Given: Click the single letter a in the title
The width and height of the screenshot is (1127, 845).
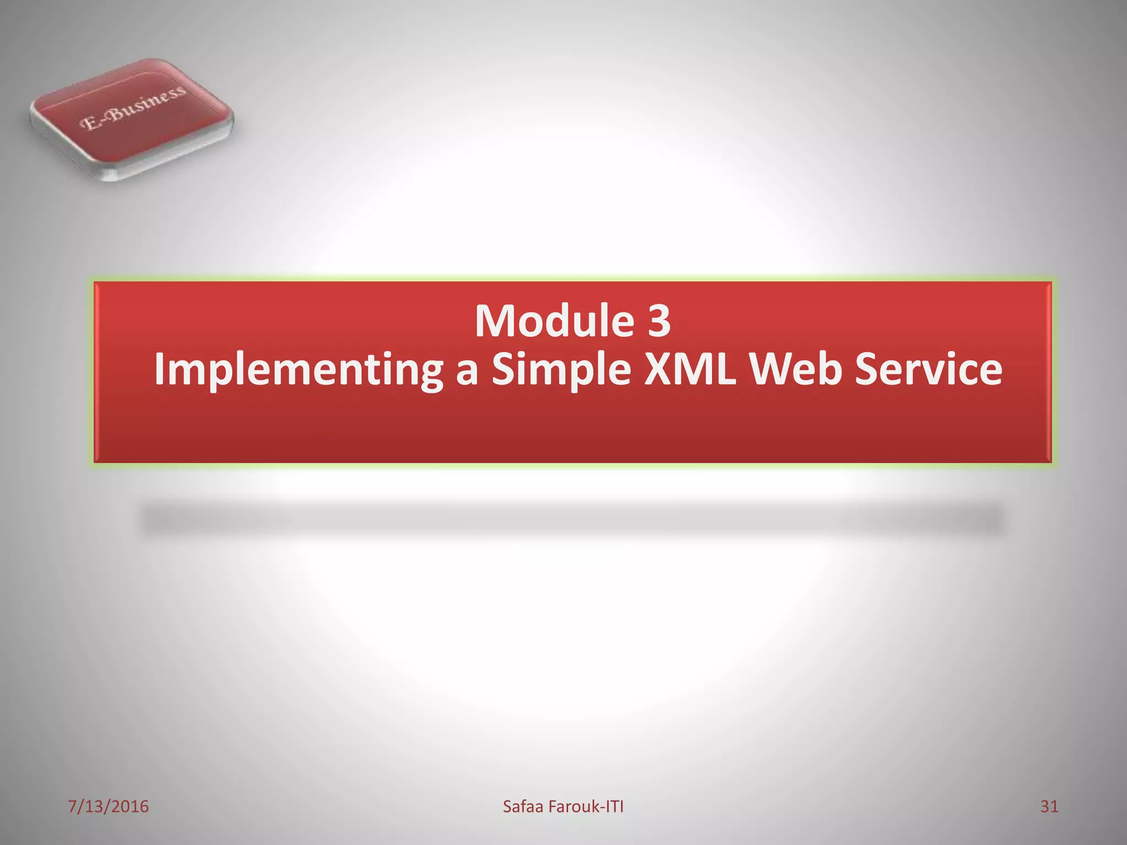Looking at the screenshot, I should click(x=467, y=371).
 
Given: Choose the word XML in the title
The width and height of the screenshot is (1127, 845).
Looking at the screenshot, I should click(x=690, y=369).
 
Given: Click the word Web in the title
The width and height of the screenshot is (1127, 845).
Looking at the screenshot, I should click(x=796, y=369).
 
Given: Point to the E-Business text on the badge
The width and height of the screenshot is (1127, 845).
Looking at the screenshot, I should click(x=133, y=108).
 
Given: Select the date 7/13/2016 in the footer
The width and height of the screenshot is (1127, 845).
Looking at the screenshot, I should click(x=108, y=806).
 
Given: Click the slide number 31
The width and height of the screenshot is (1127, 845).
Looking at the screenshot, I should click(x=1049, y=806).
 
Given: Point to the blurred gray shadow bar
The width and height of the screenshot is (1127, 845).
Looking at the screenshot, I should click(x=572, y=520).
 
